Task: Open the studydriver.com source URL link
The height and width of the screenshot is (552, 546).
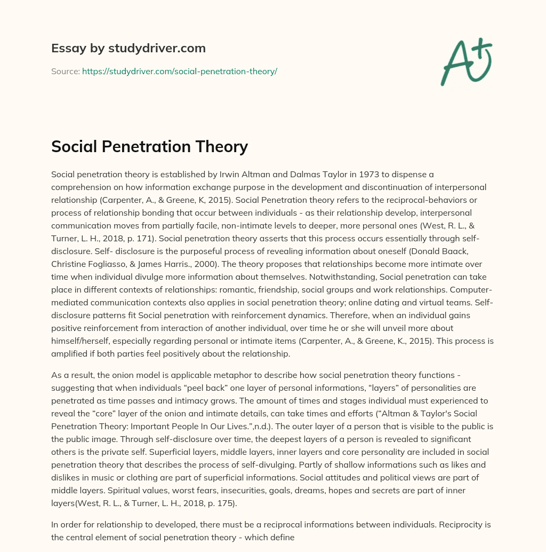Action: (x=179, y=71)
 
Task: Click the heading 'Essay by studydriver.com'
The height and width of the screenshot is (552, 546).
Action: (x=129, y=49)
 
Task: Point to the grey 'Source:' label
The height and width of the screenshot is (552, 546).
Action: (x=65, y=71)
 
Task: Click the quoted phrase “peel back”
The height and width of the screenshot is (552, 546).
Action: (x=225, y=388)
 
